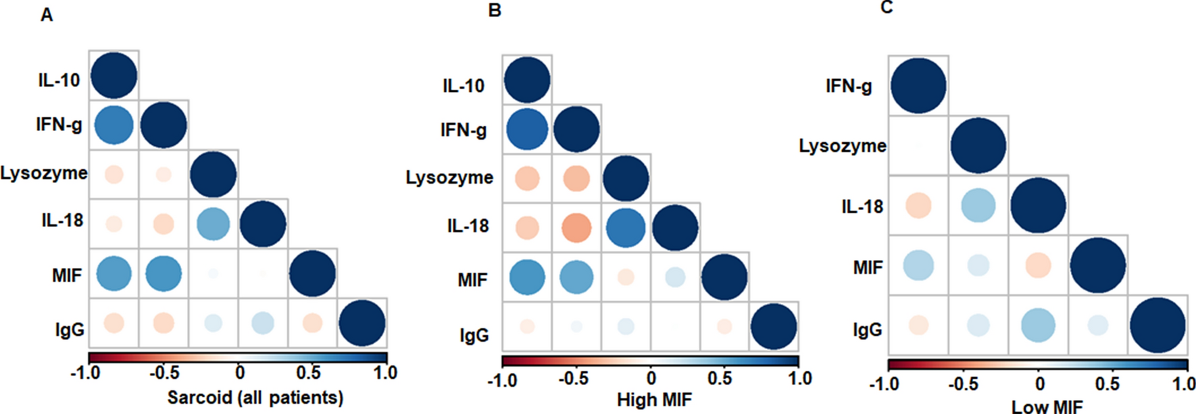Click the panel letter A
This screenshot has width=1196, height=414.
point(46,15)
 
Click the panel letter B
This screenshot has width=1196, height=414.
point(495,11)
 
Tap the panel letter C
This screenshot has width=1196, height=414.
point(887,7)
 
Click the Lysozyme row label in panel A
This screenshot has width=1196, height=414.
point(44,174)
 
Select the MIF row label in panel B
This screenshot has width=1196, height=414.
point(472,280)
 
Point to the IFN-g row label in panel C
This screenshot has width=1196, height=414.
point(849,86)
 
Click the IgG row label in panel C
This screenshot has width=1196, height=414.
point(867,330)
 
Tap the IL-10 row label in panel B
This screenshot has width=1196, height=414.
point(464,86)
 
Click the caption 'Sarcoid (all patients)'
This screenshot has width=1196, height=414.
point(255,397)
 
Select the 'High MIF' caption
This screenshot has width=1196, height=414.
point(654,400)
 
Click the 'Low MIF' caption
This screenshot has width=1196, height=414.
point(1047,407)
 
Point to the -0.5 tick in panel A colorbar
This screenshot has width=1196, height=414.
point(164,373)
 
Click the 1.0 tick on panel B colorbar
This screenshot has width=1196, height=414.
point(799,378)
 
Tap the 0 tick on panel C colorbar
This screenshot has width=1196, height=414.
point(1039,384)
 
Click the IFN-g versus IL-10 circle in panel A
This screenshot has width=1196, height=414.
point(114,125)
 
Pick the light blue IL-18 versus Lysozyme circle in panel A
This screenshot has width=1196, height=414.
point(213,224)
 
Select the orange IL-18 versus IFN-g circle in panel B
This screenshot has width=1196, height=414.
point(576,228)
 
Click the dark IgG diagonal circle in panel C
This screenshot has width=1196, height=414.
point(1157,326)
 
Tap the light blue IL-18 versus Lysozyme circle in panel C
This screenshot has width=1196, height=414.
point(978,205)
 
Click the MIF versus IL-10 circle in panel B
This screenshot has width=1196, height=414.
point(527,278)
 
